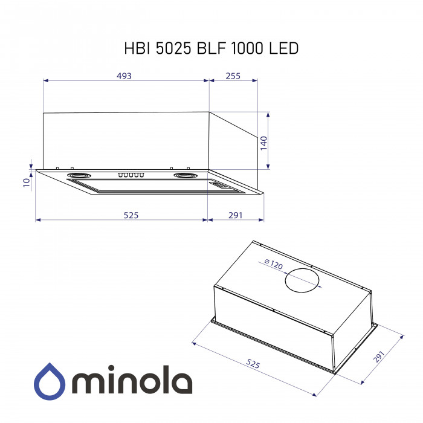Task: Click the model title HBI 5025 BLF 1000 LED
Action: coord(211,48)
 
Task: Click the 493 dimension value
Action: coord(124,76)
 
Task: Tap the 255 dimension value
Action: coord(233,76)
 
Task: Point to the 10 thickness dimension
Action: coord(26,183)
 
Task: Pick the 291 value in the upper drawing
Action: coord(236,215)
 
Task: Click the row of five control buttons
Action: coord(131,175)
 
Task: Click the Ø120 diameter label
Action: coord(273,264)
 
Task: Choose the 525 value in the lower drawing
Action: coord(253,364)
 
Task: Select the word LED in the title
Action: coord(282,48)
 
